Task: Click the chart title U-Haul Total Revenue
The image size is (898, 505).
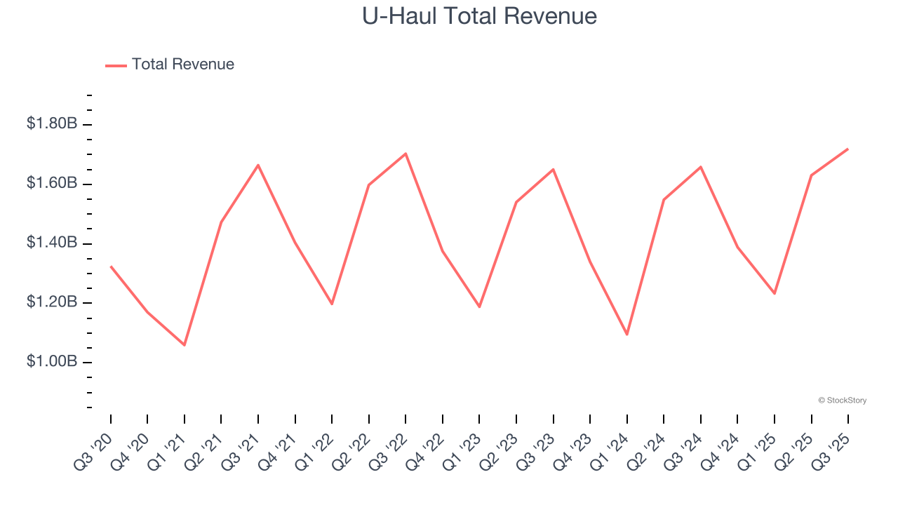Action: click(479, 16)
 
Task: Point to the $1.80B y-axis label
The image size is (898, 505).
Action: click(52, 124)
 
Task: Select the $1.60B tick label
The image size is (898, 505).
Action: click(52, 184)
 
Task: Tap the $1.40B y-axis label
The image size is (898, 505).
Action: click(52, 243)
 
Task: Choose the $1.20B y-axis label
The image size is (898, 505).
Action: click(52, 303)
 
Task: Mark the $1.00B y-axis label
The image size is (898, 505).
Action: click(52, 362)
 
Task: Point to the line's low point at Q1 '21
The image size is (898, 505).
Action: click(185, 345)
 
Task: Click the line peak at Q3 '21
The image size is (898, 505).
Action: click(258, 165)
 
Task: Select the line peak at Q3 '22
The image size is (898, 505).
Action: click(406, 154)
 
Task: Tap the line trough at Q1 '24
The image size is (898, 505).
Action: click(627, 335)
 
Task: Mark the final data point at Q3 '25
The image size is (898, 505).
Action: click(848, 149)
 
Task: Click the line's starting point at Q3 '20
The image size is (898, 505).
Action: click(111, 267)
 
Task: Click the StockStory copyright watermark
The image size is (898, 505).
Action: click(842, 400)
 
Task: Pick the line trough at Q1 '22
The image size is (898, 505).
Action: click(332, 304)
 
